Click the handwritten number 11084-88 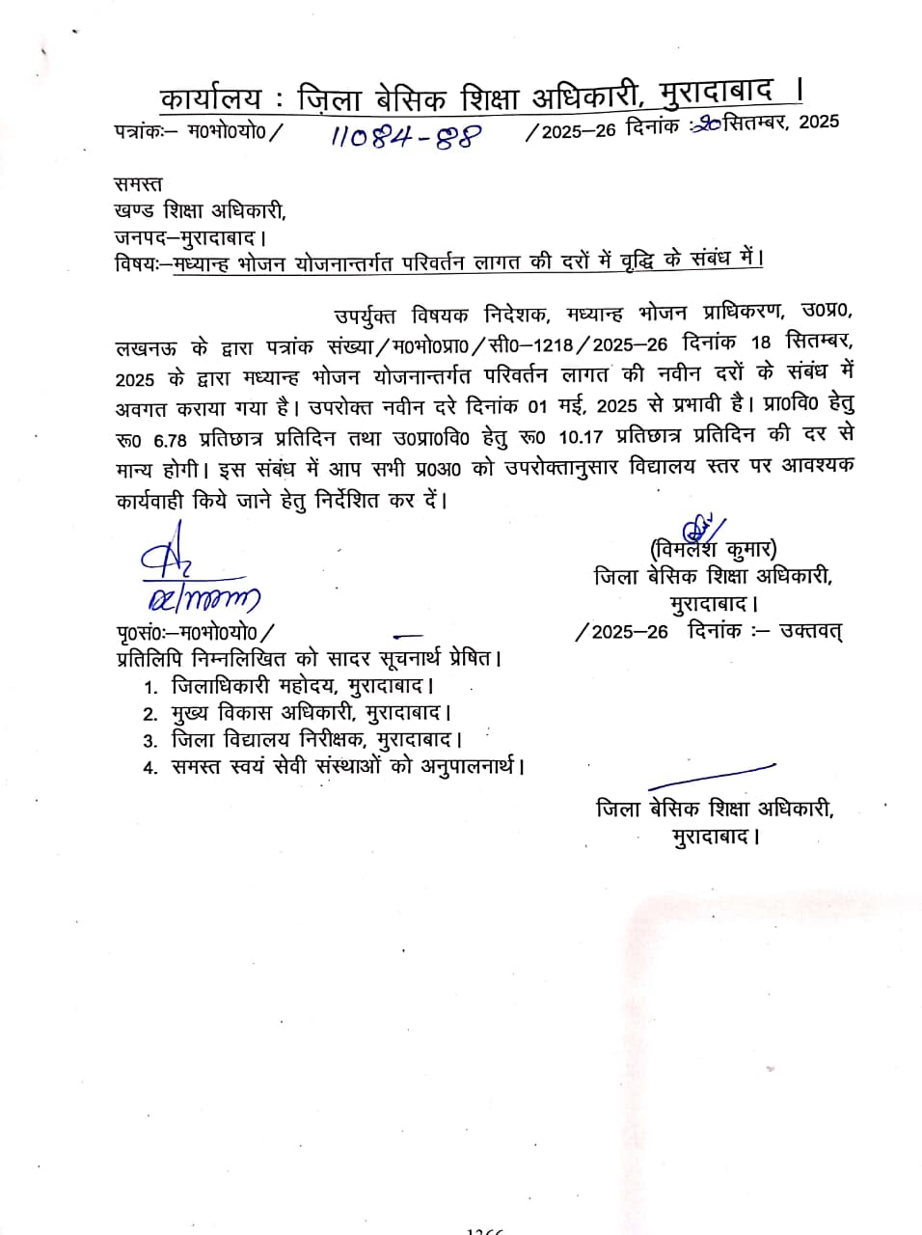point(405,136)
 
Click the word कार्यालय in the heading point(210,98)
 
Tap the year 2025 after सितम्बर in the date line point(819,122)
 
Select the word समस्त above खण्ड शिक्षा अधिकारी point(138,183)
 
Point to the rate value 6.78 point(171,439)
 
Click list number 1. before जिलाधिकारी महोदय point(150,689)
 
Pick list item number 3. point(150,742)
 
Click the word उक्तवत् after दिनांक point(811,632)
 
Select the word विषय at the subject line point(135,261)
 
